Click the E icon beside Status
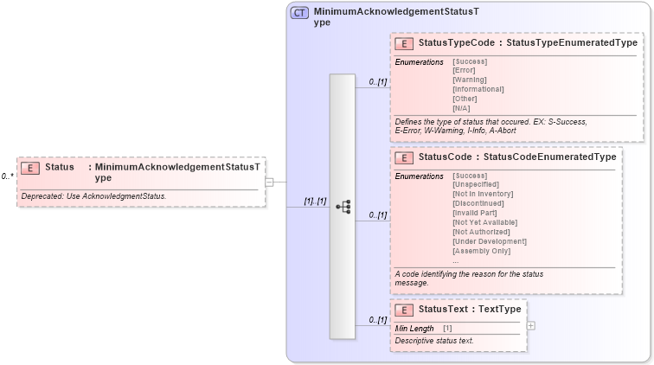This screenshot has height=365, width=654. pos(29,168)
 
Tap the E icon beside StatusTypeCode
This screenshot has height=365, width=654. pos(402,43)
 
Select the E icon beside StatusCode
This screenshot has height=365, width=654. pos(402,158)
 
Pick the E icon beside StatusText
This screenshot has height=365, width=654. pos(402,310)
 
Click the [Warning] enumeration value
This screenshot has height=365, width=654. pos(469,80)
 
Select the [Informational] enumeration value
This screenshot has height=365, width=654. pos(478,89)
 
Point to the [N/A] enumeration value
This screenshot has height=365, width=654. pos(461,108)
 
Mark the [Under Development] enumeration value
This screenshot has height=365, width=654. pos(489,241)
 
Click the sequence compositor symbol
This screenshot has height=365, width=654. pos(343,207)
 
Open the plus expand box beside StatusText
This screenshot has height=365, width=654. pos(531,325)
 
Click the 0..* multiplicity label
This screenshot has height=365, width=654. pos(7,176)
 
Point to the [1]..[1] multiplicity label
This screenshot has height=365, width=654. pos(314,202)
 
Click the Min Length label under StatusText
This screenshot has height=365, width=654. pos(414,329)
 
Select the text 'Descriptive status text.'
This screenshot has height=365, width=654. pos(434,342)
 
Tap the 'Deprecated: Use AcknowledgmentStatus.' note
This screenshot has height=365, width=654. pos(93,196)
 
